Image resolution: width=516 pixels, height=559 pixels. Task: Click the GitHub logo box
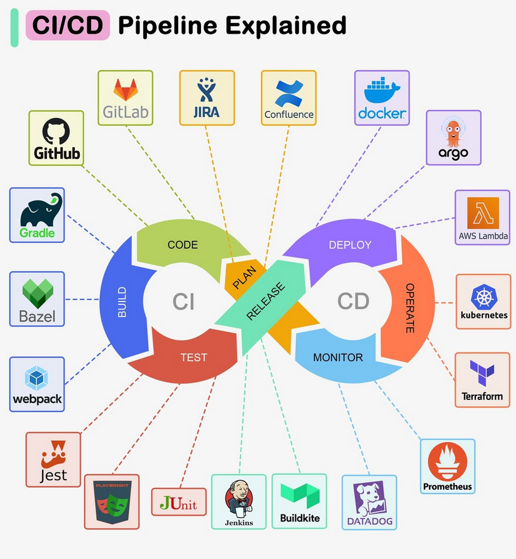click(56, 138)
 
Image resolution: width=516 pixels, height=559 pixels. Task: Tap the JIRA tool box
click(207, 98)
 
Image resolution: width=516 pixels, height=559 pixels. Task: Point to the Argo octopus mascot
click(453, 131)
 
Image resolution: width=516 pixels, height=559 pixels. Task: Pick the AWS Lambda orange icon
click(483, 213)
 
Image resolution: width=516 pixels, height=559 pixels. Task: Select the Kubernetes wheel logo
click(484, 296)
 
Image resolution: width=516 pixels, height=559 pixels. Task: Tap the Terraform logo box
click(482, 380)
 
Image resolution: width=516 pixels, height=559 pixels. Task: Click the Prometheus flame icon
click(447, 461)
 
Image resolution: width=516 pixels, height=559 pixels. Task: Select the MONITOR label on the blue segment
click(338, 357)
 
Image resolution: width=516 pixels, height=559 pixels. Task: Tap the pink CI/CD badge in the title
click(67, 26)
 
